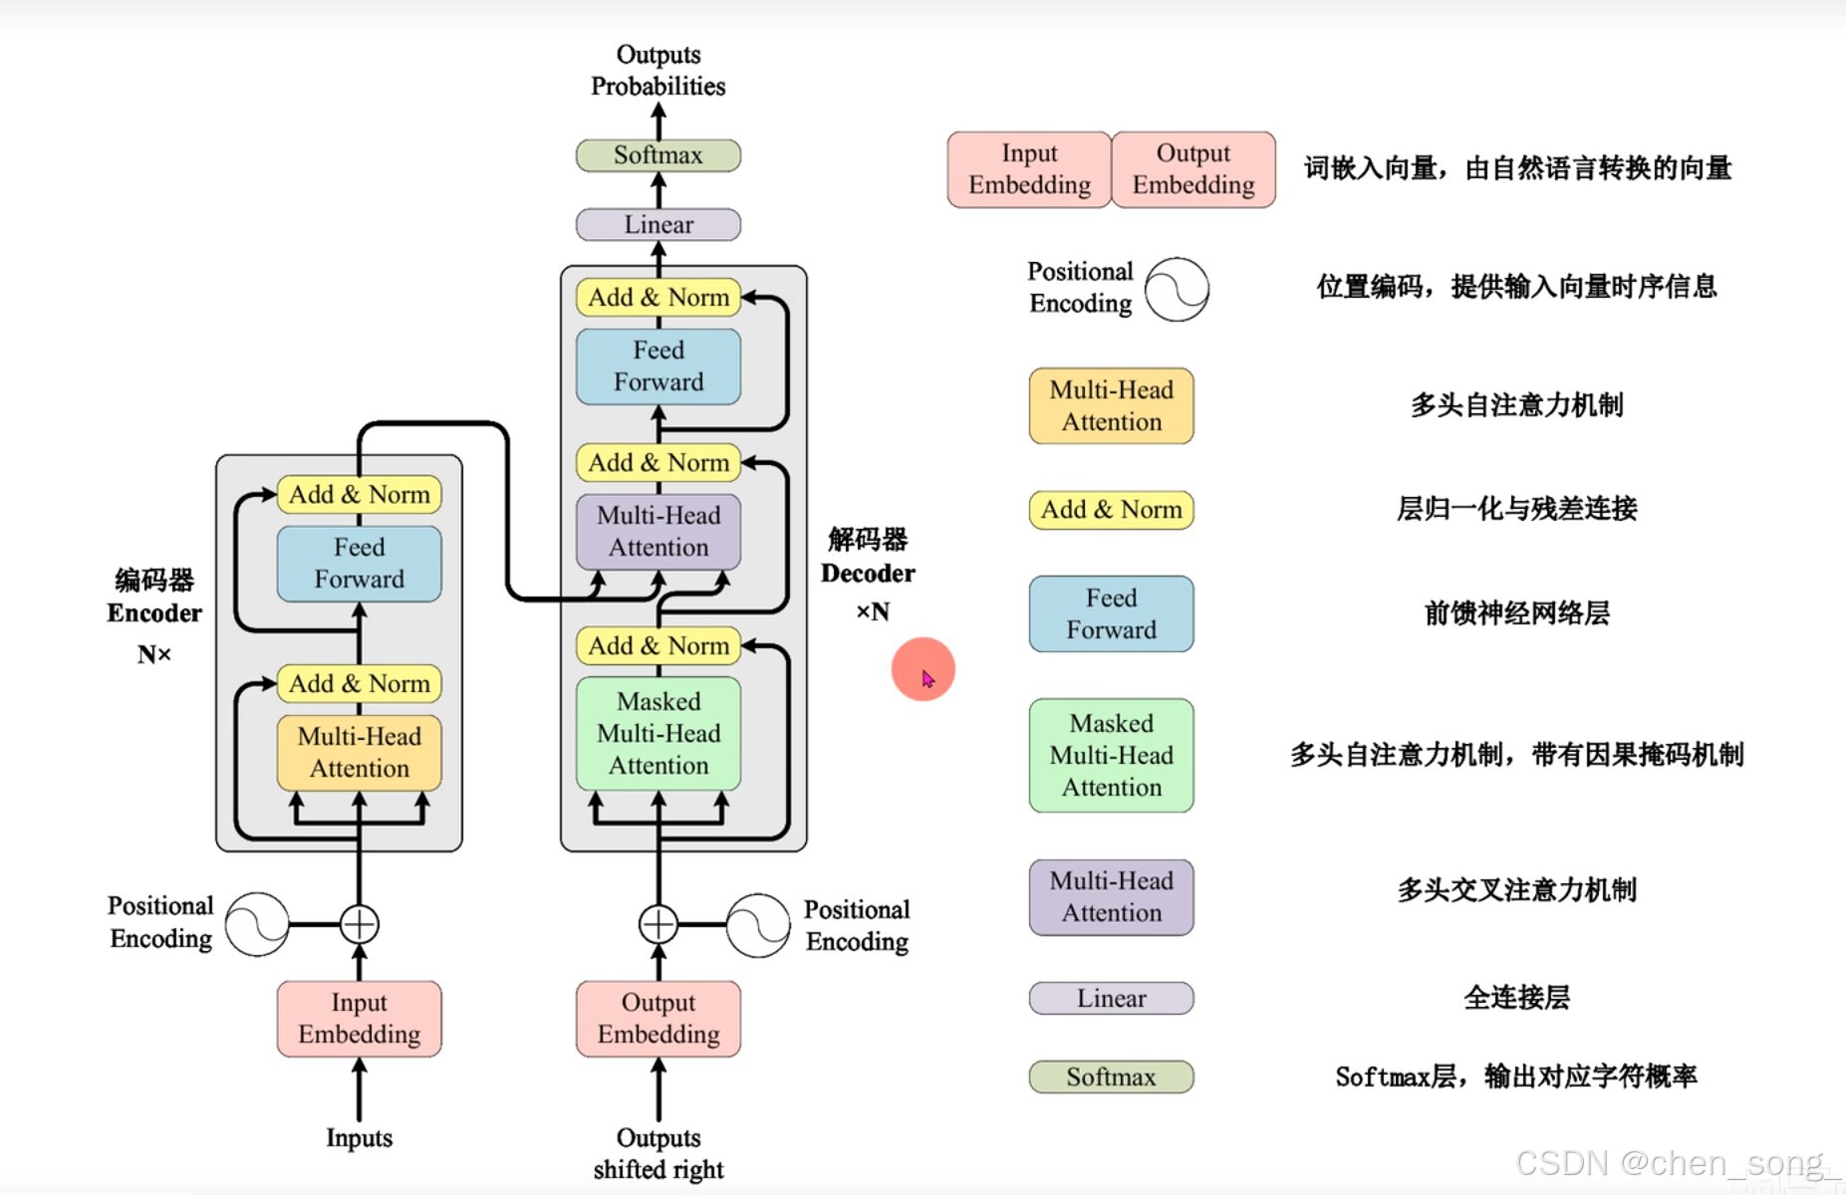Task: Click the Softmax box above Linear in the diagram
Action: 658,155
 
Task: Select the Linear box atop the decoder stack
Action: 658,224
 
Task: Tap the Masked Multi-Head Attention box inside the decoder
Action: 658,733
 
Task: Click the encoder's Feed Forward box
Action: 359,564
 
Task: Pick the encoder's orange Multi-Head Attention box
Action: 359,752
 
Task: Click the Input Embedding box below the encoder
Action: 359,1018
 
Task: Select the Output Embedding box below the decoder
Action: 658,1018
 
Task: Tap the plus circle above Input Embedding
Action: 359,924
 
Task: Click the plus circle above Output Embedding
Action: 658,924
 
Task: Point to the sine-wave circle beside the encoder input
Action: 257,924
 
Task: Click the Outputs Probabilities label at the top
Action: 658,70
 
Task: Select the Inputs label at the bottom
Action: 359,1137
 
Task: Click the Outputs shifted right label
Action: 658,1153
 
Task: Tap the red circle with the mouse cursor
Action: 923,669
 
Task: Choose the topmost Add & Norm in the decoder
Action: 658,297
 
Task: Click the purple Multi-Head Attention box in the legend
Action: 1111,896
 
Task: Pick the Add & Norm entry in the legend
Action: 1111,510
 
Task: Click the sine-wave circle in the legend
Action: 1177,289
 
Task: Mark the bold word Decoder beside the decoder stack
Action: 868,574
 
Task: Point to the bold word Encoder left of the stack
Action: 154,613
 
